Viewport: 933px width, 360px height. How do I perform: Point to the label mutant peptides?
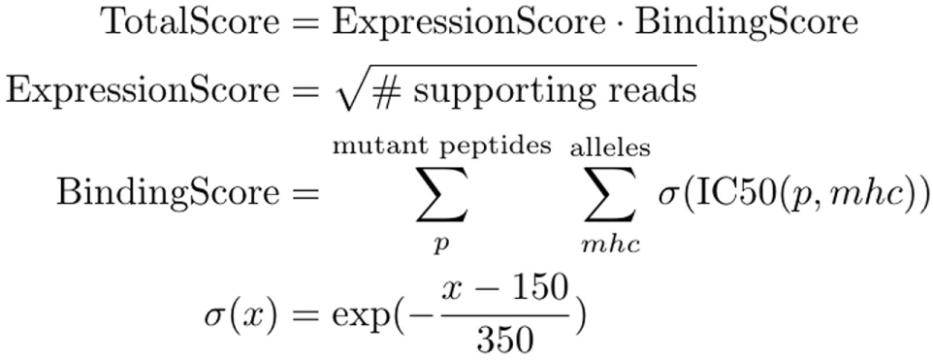pos(441,147)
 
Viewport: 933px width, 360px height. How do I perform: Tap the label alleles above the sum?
pos(611,147)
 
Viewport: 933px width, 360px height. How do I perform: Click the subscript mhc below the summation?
pos(611,245)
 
